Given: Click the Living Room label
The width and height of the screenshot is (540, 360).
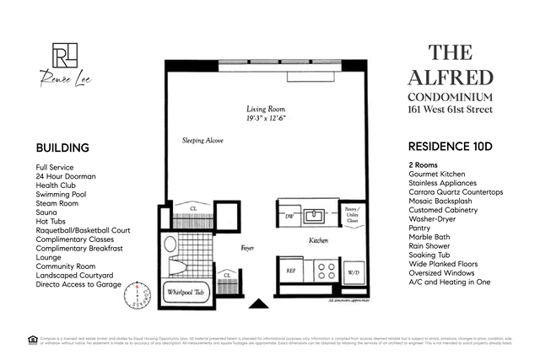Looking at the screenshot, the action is click(x=266, y=110).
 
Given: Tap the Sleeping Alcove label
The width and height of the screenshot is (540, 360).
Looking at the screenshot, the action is click(x=203, y=140).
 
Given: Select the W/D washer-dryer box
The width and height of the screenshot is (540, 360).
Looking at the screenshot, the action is click(x=354, y=271).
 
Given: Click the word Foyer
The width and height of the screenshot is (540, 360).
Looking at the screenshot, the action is click(x=246, y=249).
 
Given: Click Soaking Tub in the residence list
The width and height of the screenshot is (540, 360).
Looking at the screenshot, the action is click(x=431, y=252).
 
